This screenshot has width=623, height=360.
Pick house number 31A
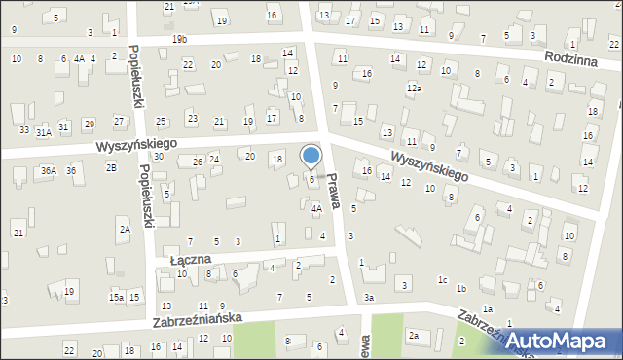point(43,132)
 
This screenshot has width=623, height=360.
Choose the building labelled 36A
point(48,171)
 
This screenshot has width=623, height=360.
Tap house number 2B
point(111,167)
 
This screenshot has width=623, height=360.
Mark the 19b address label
point(179,39)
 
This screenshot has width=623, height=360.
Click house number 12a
point(415,89)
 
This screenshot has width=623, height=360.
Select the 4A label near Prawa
point(316,208)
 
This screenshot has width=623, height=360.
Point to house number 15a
point(116,297)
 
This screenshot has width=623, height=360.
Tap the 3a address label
point(369,297)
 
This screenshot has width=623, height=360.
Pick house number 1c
point(442,280)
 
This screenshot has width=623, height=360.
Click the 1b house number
point(461,289)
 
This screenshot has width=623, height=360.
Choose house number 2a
point(413,336)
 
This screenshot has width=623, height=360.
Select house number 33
point(23,130)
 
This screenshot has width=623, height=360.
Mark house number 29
point(89,124)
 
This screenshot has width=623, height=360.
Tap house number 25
point(161,122)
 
